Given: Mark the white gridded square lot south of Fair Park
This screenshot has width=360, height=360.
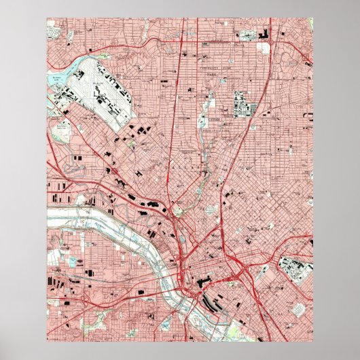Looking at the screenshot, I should click(x=297, y=309).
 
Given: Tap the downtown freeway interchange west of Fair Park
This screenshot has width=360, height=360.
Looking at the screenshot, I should click(x=241, y=268).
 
